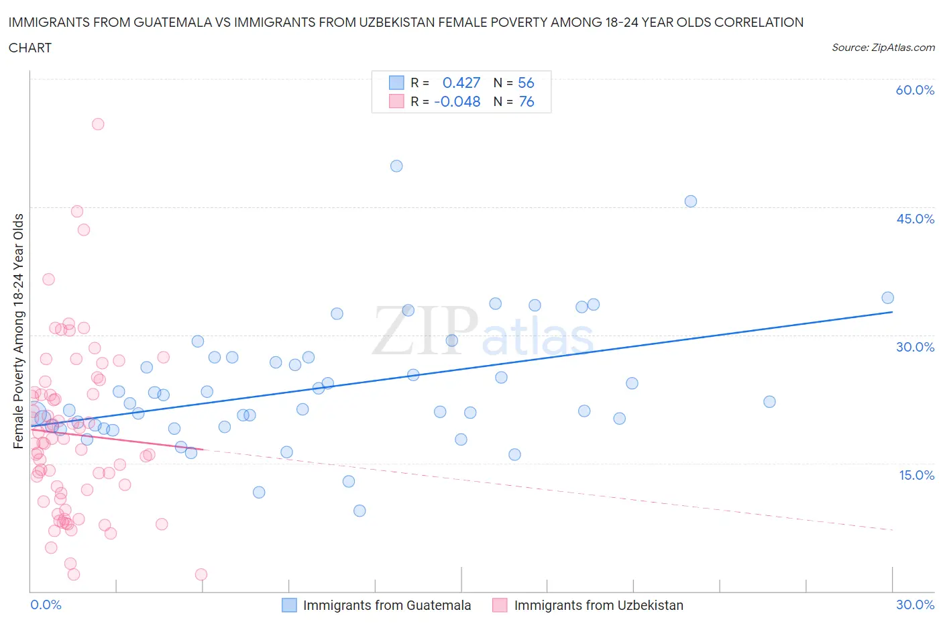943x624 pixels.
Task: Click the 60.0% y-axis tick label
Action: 915,90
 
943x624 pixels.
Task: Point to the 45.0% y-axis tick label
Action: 915,219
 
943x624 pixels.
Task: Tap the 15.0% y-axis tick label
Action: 915,475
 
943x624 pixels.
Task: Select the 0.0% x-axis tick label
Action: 46,605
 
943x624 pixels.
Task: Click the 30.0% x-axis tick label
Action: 915,605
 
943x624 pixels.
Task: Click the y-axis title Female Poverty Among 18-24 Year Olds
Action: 18,331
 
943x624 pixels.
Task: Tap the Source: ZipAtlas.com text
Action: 883,48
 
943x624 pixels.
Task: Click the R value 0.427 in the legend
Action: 461,83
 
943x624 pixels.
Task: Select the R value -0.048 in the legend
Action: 457,101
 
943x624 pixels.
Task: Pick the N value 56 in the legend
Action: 526,83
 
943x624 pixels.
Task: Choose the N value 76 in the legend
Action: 526,101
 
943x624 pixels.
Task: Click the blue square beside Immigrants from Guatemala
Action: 289,605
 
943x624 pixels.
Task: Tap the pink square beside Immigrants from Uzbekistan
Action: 500,605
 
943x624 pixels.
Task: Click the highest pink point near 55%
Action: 98,124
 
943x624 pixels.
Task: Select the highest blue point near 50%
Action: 396,166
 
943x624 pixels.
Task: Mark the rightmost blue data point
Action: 887,298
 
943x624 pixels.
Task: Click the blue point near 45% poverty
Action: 690,201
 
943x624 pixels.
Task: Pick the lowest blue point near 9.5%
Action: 359,511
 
